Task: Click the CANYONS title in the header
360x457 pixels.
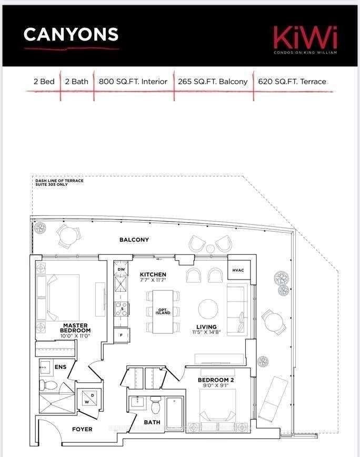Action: [x=71, y=34]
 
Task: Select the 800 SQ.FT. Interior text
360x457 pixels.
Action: [x=133, y=82]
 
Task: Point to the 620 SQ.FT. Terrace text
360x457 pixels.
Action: [x=292, y=82]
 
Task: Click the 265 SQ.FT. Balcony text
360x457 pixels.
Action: [x=213, y=82]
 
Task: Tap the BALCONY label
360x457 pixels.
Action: [x=134, y=240]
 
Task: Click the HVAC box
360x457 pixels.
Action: [x=238, y=270]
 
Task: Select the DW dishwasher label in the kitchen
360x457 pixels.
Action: [x=122, y=269]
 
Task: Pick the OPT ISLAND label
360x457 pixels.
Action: [x=162, y=312]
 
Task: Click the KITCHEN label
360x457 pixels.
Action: [x=153, y=275]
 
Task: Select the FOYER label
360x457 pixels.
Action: [x=82, y=429]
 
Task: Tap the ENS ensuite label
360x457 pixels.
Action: [x=61, y=366]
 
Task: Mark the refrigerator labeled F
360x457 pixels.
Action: [x=122, y=335]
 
